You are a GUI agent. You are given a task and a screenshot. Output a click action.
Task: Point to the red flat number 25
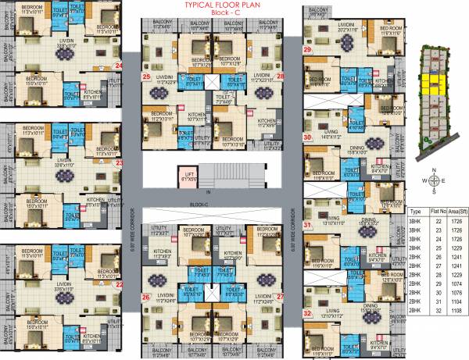[146, 77]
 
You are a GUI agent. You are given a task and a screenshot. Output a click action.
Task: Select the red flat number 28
[280, 77]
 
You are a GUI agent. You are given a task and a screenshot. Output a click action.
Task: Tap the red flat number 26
[145, 297]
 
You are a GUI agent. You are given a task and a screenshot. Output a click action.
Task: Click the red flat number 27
[279, 297]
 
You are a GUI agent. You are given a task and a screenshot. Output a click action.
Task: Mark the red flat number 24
[119, 66]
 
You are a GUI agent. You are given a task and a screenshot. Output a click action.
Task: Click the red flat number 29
[307, 50]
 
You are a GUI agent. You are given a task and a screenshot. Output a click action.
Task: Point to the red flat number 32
[307, 314]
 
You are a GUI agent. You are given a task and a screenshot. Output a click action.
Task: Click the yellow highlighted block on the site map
[431, 82]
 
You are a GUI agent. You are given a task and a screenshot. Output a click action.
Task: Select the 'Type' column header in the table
[416, 211]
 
